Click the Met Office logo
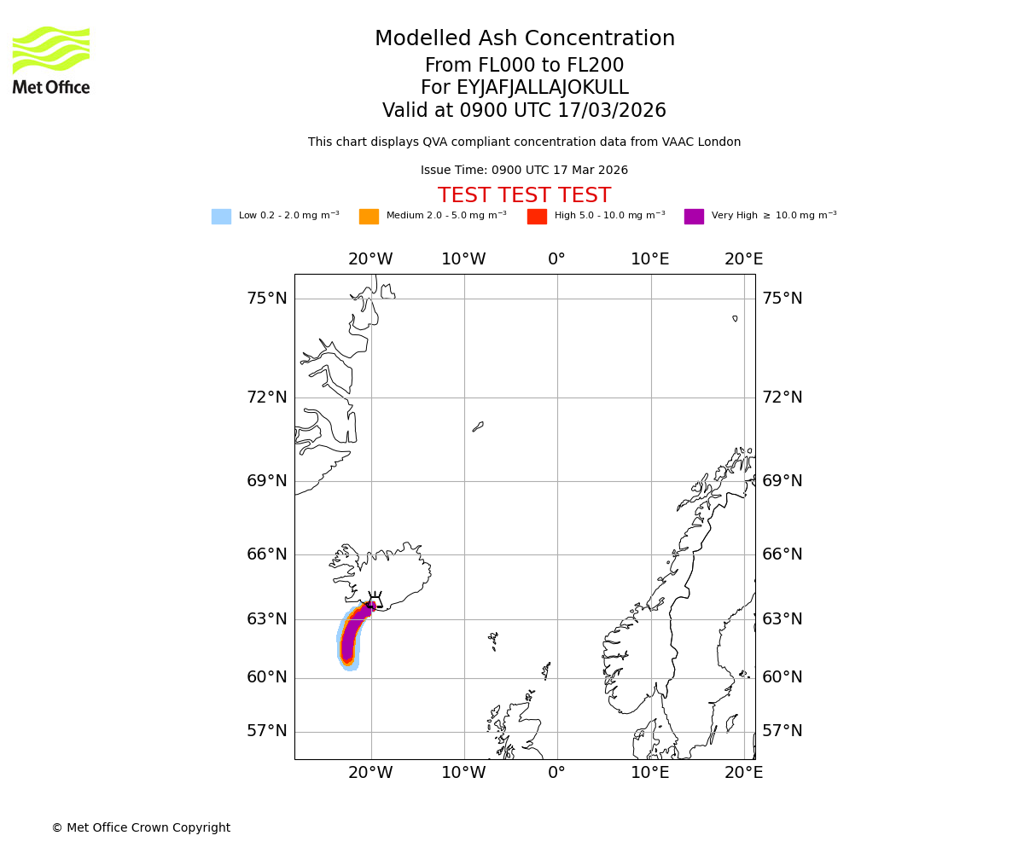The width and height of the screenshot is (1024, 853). tap(51, 60)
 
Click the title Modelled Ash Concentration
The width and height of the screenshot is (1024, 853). tap(524, 39)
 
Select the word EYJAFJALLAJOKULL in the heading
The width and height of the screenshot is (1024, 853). tap(543, 88)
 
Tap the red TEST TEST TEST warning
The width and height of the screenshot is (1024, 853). tap(524, 195)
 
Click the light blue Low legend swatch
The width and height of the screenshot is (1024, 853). tap(221, 217)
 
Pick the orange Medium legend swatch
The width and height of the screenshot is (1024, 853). tap(369, 217)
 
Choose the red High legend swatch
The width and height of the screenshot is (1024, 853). tap(537, 217)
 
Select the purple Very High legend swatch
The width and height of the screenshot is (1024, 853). tap(694, 217)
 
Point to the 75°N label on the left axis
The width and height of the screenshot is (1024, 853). tap(267, 299)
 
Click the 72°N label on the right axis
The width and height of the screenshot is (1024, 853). tap(782, 397)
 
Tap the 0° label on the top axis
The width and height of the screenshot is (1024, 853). tap(556, 259)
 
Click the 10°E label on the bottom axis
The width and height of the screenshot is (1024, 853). tap(650, 773)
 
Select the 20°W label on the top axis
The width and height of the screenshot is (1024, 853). tap(370, 259)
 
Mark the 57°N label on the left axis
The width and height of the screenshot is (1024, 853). tap(267, 731)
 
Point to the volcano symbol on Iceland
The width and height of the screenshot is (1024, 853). tap(373, 600)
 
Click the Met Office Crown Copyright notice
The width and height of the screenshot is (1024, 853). tap(141, 827)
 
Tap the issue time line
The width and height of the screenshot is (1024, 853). tap(524, 171)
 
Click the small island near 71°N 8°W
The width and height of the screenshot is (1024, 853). tap(478, 426)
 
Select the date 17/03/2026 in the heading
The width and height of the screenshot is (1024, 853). tap(612, 111)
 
